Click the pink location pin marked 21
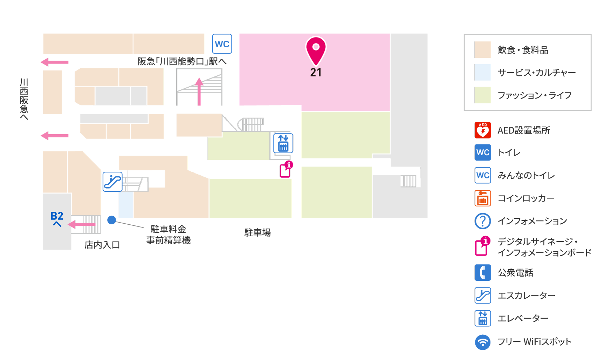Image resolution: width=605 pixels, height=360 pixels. pyautogui.click(x=316, y=50)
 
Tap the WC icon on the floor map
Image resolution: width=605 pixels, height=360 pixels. pyautogui.click(x=222, y=44)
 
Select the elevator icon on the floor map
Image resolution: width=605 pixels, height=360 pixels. pyautogui.click(x=283, y=143)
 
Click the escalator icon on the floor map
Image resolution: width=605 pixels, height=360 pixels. pyautogui.click(x=112, y=182)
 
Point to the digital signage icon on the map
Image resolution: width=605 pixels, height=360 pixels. pyautogui.click(x=286, y=169)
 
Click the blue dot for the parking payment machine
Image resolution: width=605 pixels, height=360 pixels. pyautogui.click(x=112, y=220)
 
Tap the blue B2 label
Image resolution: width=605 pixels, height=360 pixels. pyautogui.click(x=57, y=216)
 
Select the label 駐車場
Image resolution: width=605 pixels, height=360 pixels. pyautogui.click(x=257, y=232)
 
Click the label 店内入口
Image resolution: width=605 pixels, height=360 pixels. pyautogui.click(x=102, y=245)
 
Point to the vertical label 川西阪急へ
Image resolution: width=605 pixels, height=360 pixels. pyautogui.click(x=24, y=99)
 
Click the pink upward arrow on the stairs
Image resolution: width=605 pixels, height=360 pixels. pyautogui.click(x=199, y=91)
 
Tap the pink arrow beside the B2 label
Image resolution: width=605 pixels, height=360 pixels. pyautogui.click(x=82, y=224)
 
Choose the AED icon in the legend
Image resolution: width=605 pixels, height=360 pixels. pyautogui.click(x=483, y=130)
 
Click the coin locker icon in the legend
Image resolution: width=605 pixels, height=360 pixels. pyautogui.click(x=483, y=198)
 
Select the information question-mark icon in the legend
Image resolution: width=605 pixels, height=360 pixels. pyautogui.click(x=483, y=221)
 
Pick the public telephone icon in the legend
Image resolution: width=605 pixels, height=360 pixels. pyautogui.click(x=483, y=272)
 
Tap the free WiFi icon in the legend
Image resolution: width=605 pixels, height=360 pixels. pyautogui.click(x=483, y=342)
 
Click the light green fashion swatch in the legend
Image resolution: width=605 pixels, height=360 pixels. pyautogui.click(x=483, y=95)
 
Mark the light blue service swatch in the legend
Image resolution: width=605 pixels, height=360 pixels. pyautogui.click(x=483, y=72)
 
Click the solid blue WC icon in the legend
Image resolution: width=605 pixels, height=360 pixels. pyautogui.click(x=483, y=152)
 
